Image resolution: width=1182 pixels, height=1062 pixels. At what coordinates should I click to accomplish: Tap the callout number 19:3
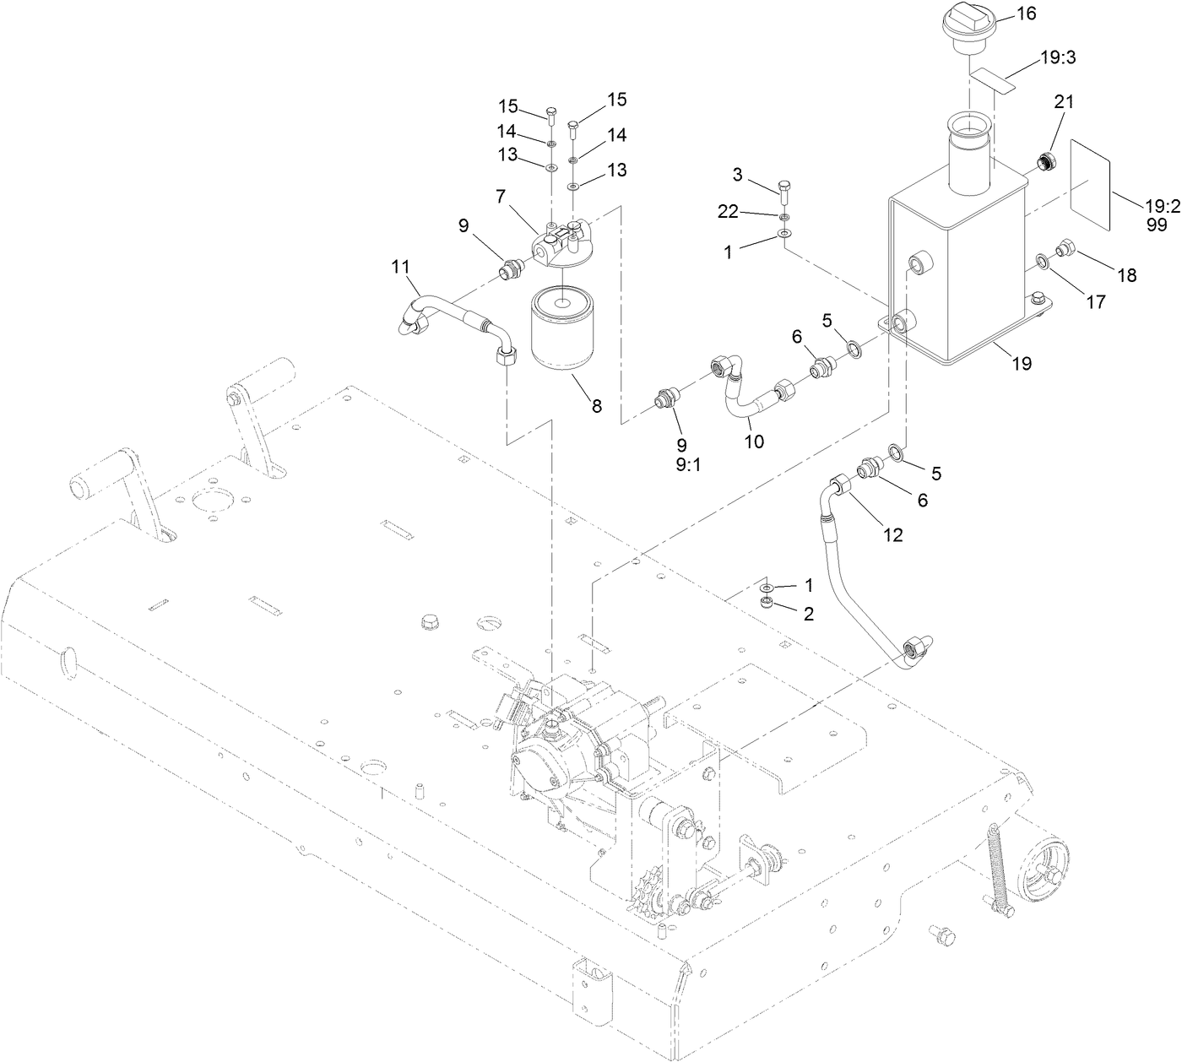[1057, 57]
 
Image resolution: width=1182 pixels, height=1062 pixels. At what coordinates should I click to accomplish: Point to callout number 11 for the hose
[400, 267]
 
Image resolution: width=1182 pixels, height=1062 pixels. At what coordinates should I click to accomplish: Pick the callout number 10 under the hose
[754, 441]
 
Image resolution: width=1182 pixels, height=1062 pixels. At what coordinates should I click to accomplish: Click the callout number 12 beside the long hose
[892, 534]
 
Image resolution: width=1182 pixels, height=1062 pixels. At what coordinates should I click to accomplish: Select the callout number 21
[1064, 101]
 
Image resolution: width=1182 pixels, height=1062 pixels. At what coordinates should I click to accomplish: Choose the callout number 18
[1126, 274]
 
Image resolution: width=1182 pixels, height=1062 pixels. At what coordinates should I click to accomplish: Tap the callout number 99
[1157, 225]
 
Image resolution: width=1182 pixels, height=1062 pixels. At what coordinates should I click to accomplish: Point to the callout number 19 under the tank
[1022, 364]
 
